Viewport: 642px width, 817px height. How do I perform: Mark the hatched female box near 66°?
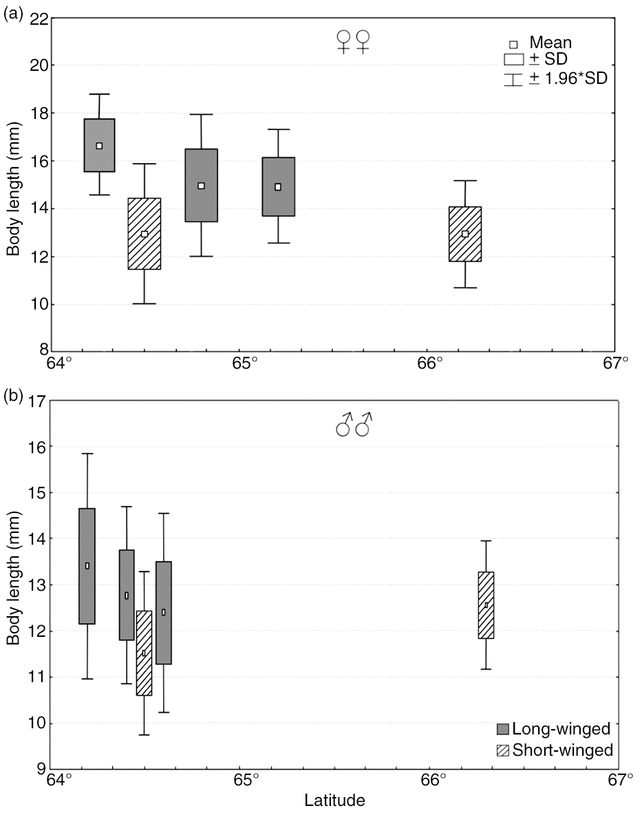click(x=465, y=234)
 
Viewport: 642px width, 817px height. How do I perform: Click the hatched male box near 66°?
click(x=486, y=605)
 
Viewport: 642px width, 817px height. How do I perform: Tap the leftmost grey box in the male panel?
click(x=87, y=565)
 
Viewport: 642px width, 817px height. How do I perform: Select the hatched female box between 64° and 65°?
click(x=145, y=234)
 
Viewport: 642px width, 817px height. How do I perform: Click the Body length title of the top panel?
click(x=13, y=186)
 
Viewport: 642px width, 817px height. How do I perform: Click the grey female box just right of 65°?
click(x=278, y=186)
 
